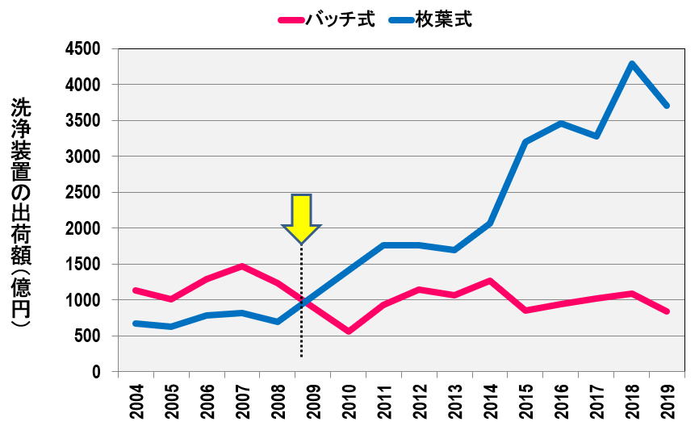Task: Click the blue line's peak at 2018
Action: pyautogui.click(x=631, y=64)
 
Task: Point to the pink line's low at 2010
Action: pyautogui.click(x=348, y=332)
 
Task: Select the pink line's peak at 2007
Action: pyautogui.click(x=242, y=266)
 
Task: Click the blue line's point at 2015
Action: pyautogui.click(x=525, y=142)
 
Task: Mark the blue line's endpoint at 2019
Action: pyautogui.click(x=667, y=106)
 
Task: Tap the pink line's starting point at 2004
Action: pyautogui.click(x=136, y=290)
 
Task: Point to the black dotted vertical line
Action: pyautogui.click(x=301, y=307)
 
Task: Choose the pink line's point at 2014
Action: pyautogui.click(x=490, y=281)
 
